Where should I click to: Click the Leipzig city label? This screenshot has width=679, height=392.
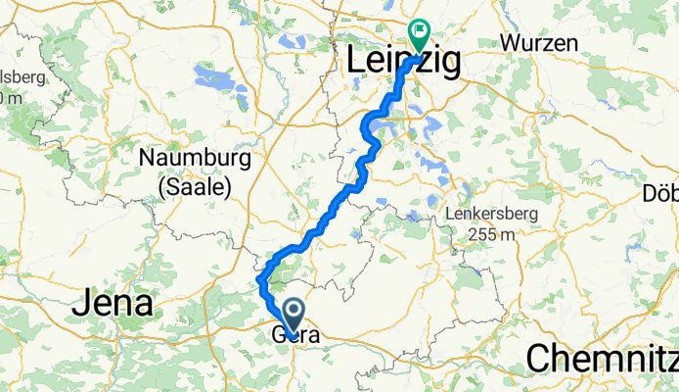pyautogui.click(x=404, y=62)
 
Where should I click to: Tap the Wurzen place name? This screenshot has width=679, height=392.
pyautogui.click(x=539, y=43)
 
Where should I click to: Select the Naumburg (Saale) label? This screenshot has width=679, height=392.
pyautogui.click(x=195, y=171)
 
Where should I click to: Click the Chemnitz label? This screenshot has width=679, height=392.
pyautogui.click(x=601, y=358)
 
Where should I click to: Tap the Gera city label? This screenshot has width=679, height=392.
pyautogui.click(x=293, y=335)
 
